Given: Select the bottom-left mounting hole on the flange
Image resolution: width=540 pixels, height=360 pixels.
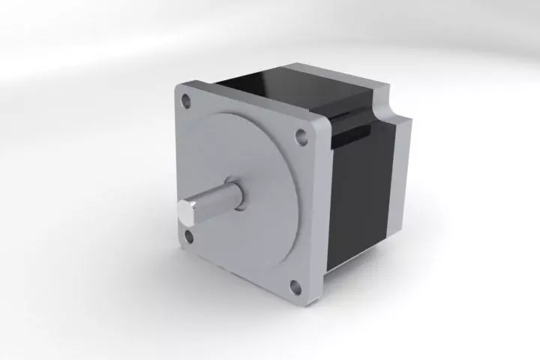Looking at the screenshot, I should coord(187,237).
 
